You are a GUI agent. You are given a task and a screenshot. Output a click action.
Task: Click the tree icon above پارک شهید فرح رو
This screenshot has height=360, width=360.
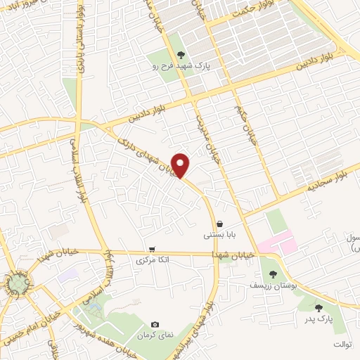pos(181,55)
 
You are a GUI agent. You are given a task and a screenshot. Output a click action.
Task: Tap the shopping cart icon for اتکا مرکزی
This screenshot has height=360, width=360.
pos(151,249)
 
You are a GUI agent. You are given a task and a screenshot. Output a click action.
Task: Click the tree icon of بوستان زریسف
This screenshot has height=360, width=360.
pos(273,274)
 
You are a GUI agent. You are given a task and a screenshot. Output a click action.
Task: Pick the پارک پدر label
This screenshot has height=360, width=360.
pos(318,319)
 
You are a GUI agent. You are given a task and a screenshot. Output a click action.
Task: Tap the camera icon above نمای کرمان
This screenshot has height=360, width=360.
pos(155,324)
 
